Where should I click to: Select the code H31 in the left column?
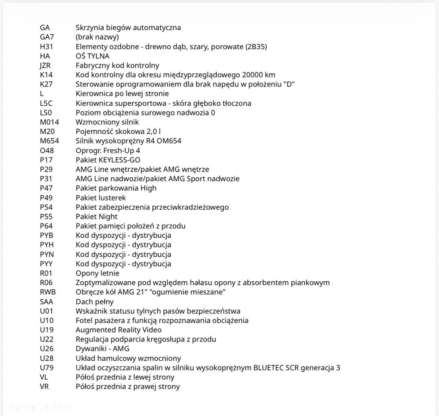tap(46, 47)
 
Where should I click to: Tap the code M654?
tap(49, 141)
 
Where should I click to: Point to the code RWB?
tap(48, 292)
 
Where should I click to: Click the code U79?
tap(47, 368)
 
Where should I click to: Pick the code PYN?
tap(47, 254)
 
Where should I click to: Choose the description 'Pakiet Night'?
tap(97, 216)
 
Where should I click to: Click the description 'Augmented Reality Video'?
tap(119, 330)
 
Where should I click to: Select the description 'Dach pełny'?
tap(94, 301)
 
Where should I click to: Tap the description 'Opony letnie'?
tap(97, 273)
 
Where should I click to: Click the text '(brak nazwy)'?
tap(97, 37)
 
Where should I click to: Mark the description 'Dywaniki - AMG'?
tap(102, 348)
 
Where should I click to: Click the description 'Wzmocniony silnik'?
tap(107, 122)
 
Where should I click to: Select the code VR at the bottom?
tap(44, 387)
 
